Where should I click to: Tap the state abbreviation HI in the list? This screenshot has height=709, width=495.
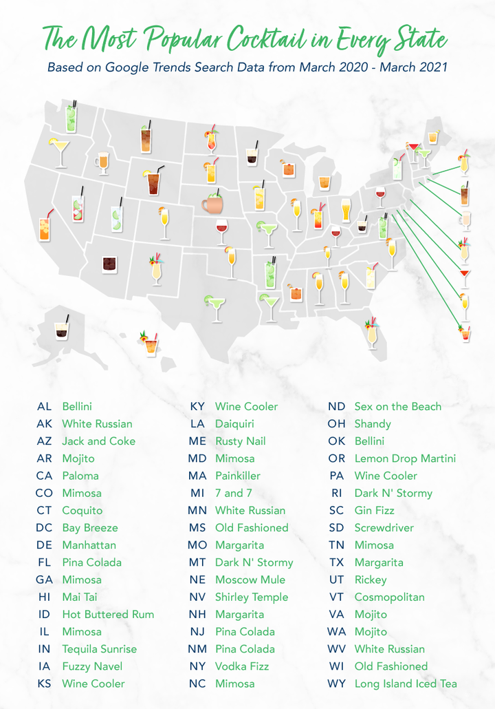[44, 597]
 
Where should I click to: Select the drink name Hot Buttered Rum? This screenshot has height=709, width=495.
[108, 614]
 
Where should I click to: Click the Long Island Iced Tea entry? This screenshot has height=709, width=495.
[405, 684]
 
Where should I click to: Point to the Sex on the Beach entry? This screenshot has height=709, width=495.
[397, 406]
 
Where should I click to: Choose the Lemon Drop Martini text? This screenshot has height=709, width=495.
[404, 458]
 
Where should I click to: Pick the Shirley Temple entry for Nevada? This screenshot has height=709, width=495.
[251, 597]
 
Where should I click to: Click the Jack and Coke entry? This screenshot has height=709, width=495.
[98, 441]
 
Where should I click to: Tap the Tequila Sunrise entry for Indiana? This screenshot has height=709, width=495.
[99, 648]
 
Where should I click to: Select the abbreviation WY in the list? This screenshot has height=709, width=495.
[336, 684]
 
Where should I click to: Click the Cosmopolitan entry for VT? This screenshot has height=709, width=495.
[389, 597]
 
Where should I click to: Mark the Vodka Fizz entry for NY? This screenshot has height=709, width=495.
[241, 666]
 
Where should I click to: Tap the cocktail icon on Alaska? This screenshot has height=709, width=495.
[63, 327]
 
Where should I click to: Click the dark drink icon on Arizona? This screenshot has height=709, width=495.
[109, 263]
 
